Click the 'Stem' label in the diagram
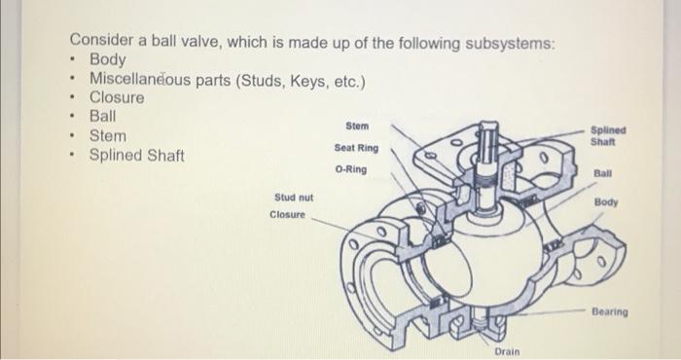click(356, 126)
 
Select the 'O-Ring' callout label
click(350, 169)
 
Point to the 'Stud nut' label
click(291, 198)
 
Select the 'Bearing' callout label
click(609, 312)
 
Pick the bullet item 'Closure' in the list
click(117, 98)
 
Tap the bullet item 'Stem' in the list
click(107, 136)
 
